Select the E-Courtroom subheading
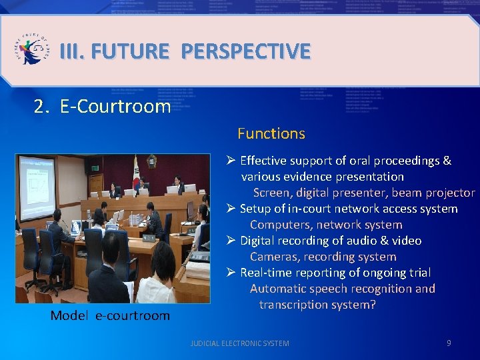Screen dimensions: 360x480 pos(115,107)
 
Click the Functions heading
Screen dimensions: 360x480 pos(271,133)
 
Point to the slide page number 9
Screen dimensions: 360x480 pos(449,343)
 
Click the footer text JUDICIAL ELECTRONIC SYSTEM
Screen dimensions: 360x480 pos(240,343)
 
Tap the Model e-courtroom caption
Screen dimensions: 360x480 pos(110,315)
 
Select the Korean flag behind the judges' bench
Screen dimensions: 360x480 pos(135,175)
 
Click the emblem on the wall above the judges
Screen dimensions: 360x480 pos(152,161)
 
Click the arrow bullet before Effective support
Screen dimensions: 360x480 pos(231,161)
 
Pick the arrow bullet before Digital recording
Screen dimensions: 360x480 pos(231,241)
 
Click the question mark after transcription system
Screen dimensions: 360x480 pos(373,305)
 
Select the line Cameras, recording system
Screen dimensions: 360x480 pos(323,257)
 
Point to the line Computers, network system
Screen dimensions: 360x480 pos(326,225)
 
